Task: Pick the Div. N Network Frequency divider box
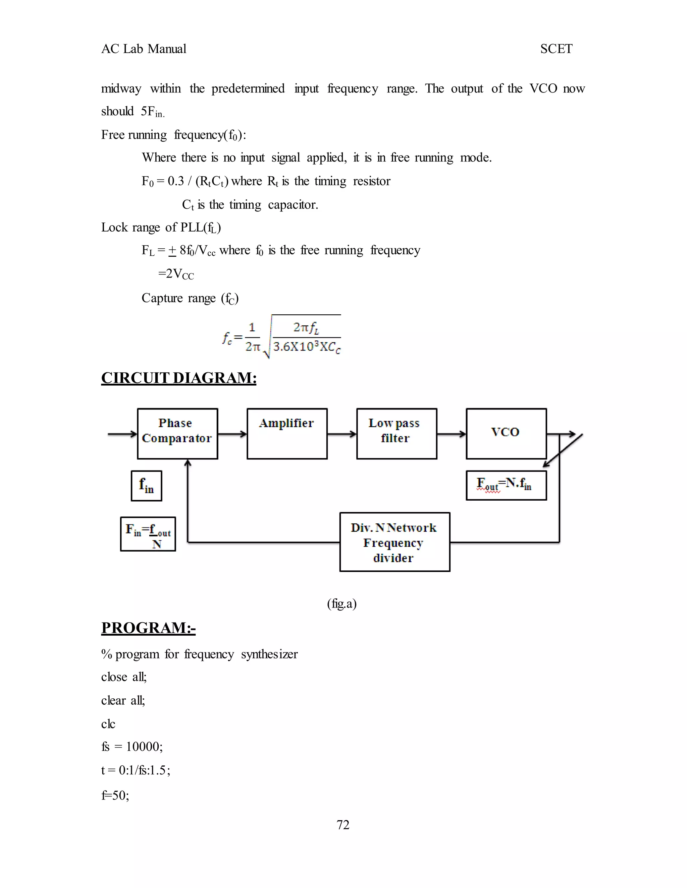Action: [x=394, y=542]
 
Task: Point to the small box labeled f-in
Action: [x=147, y=486]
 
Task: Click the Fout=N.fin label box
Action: [x=506, y=485]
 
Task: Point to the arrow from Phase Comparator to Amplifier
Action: [x=232, y=434]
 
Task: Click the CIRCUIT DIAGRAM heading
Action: [x=179, y=378]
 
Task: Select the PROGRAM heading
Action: [x=148, y=627]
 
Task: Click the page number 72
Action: [x=343, y=825]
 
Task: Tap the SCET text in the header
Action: [x=556, y=49]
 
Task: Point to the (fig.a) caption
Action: [x=342, y=604]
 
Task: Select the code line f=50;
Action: [x=115, y=795]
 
